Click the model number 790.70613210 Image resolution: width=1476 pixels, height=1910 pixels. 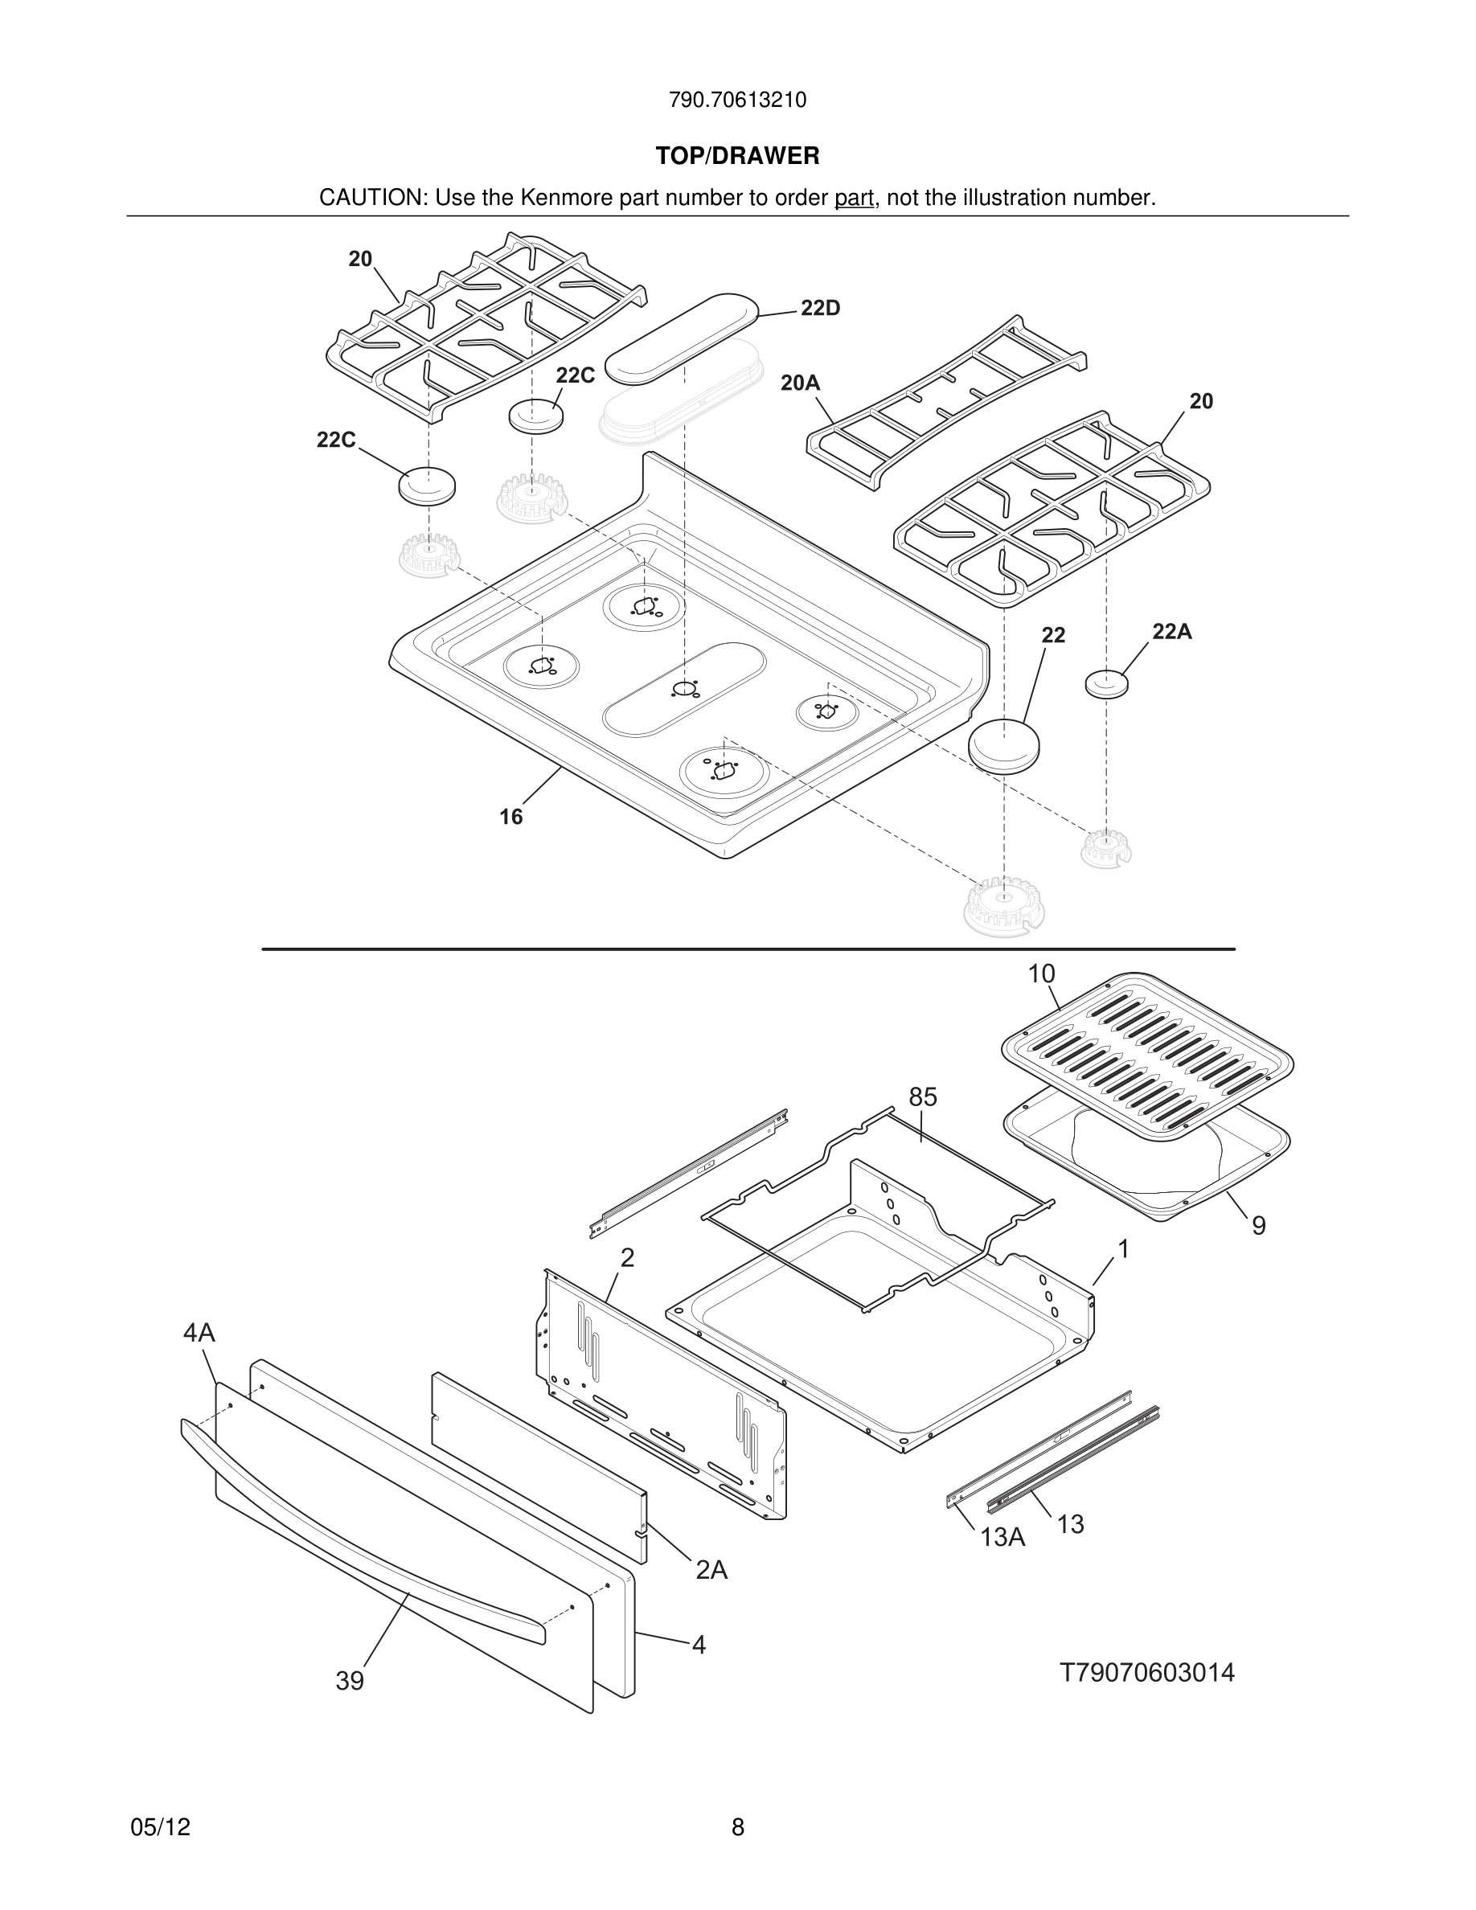pos(737,100)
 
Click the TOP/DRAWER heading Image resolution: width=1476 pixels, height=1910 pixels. pos(737,157)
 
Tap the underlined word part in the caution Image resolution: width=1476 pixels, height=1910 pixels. pos(854,199)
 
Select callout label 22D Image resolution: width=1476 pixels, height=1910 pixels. pos(819,308)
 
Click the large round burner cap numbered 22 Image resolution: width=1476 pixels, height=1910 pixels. pos(1004,745)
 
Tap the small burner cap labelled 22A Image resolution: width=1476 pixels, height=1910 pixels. pos(1106,683)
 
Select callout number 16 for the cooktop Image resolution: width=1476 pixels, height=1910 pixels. pos(510,817)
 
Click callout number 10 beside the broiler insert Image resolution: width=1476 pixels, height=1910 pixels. pos(1040,973)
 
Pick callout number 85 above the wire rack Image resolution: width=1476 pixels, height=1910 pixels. pos(923,1096)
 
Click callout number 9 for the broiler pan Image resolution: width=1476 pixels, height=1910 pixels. pos(1258,1226)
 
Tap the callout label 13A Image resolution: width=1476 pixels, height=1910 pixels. pos(1002,1536)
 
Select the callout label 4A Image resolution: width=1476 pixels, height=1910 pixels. pos(199,1333)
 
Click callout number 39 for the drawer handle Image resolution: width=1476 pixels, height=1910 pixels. pos(350,1681)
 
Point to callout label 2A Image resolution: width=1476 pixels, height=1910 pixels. pos(711,1570)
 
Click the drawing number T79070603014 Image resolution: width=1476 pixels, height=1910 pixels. pos(1147,1673)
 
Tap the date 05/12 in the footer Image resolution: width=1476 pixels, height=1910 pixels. pos(160,1827)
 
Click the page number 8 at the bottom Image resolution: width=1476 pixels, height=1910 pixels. pos(737,1827)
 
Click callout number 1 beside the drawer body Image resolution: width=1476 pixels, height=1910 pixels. pos(1124,1249)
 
